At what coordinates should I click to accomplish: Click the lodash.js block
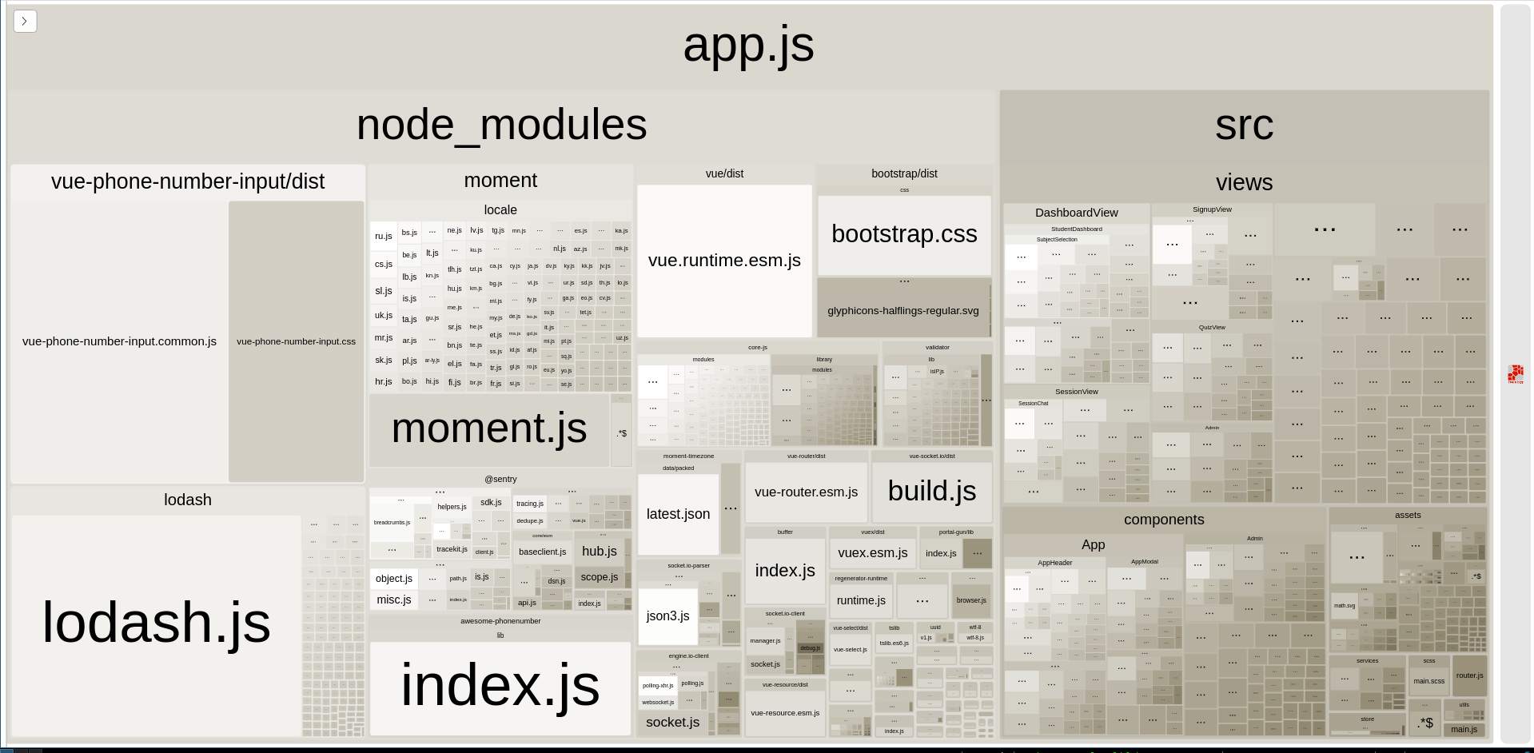click(x=156, y=624)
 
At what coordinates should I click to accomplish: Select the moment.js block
click(x=488, y=429)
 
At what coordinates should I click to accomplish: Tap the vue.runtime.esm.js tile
click(x=724, y=261)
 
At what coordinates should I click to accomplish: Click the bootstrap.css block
click(x=904, y=234)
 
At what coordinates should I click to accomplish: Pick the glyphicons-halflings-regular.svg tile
click(x=903, y=310)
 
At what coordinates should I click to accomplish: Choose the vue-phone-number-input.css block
click(x=296, y=341)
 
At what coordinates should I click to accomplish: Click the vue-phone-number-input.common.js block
click(x=119, y=341)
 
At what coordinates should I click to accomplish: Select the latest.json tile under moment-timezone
click(x=678, y=514)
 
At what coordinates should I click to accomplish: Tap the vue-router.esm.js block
click(x=806, y=492)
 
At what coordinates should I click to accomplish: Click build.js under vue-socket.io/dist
click(x=931, y=491)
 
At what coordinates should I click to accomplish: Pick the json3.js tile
click(x=667, y=616)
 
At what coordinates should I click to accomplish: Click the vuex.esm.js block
click(x=872, y=552)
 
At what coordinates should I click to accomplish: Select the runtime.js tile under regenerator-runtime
click(x=861, y=600)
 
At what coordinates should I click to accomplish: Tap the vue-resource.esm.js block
click(x=785, y=713)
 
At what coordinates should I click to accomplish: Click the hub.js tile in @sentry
click(x=599, y=551)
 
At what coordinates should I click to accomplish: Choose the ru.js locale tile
click(x=384, y=237)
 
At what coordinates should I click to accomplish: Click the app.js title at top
click(x=748, y=46)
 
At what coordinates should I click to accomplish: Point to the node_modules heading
click(x=501, y=125)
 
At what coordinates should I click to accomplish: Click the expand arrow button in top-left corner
click(x=25, y=21)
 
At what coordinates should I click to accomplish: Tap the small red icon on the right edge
click(x=1515, y=374)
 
